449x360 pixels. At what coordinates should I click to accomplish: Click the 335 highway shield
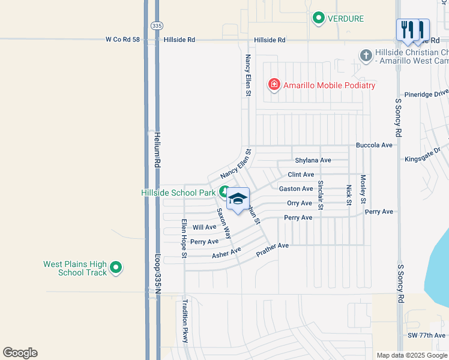click(157, 26)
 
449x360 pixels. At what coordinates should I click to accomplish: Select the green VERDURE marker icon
click(319, 19)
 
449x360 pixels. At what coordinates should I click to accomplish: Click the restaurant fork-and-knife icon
click(413, 29)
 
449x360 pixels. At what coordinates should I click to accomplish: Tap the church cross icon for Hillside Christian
click(366, 56)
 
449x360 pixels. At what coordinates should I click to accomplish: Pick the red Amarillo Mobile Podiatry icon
click(274, 85)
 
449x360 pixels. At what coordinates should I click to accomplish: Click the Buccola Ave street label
click(374, 145)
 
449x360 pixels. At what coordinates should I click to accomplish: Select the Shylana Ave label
click(313, 160)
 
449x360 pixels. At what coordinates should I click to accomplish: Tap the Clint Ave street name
click(301, 175)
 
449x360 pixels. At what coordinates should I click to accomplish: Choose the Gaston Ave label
click(296, 188)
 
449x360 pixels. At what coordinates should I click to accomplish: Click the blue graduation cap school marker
click(238, 199)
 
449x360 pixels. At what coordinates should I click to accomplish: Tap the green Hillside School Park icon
click(224, 193)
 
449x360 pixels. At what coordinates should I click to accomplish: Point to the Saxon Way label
click(224, 223)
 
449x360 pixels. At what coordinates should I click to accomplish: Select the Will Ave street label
click(204, 227)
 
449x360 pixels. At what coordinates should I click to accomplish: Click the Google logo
click(20, 353)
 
